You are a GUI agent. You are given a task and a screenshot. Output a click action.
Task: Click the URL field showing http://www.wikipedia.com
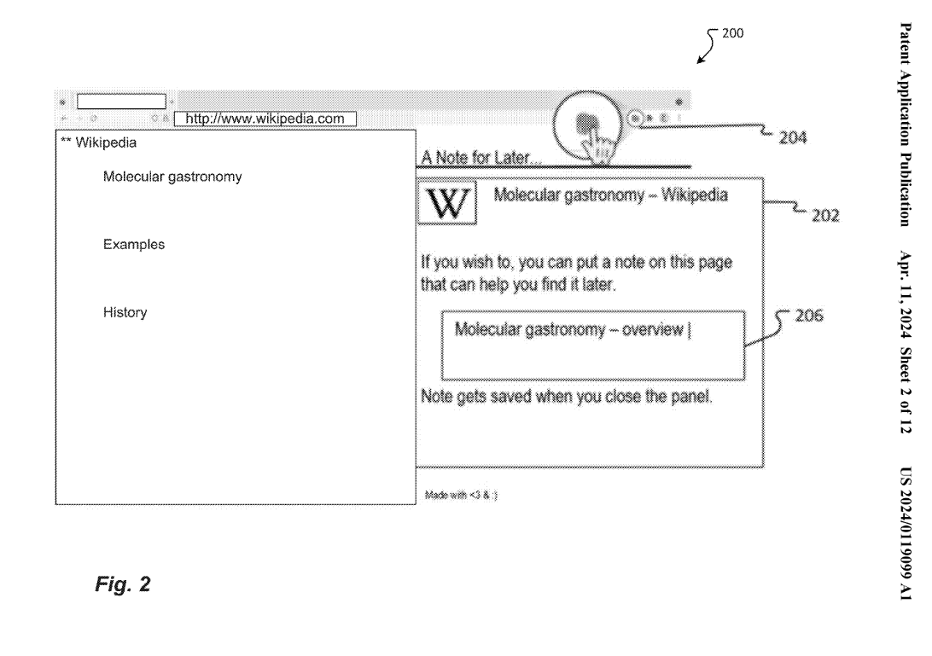click(265, 119)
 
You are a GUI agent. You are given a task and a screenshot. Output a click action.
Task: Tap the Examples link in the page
click(134, 245)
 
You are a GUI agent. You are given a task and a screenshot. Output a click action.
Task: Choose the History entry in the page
click(125, 313)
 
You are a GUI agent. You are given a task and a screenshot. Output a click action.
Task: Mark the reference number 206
click(807, 316)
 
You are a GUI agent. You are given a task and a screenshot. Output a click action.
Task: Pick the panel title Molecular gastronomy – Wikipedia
click(610, 195)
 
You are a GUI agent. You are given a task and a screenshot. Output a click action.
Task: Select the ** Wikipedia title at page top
click(93, 142)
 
